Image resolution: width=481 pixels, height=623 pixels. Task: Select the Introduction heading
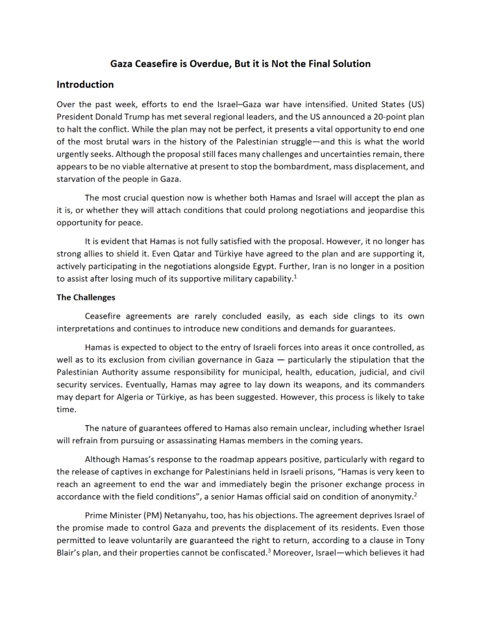tap(85, 84)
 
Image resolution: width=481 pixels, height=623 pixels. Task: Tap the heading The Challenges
tap(86, 298)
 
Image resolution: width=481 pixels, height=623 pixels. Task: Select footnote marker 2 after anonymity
tap(415, 494)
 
